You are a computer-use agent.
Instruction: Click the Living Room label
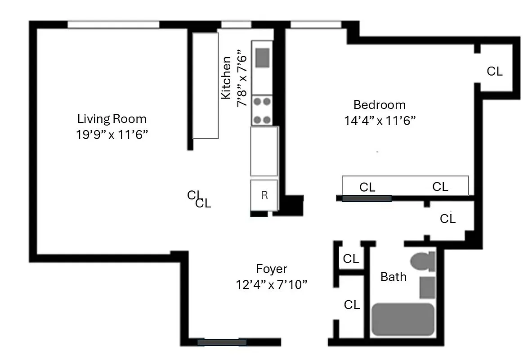pos(112,119)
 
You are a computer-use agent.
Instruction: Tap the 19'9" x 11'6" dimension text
pos(112,135)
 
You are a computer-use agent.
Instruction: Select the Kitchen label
pos(226,77)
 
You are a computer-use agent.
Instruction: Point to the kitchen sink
pos(262,58)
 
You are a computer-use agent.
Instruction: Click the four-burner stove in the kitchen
pos(262,111)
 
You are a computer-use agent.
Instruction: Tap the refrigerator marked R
pos(264,195)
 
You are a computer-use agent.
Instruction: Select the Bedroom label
pos(379,105)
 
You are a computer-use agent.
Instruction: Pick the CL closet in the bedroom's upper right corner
pos(495,71)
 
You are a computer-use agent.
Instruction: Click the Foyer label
pos(271,269)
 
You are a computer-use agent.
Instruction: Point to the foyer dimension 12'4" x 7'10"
pos(271,285)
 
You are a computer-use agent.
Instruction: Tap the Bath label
pos(393,276)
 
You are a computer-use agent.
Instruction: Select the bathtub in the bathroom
pos(403,319)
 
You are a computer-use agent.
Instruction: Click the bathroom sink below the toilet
pos(427,288)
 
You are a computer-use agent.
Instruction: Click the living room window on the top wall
pos(113,24)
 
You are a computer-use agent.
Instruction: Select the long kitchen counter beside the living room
pos(206,85)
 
